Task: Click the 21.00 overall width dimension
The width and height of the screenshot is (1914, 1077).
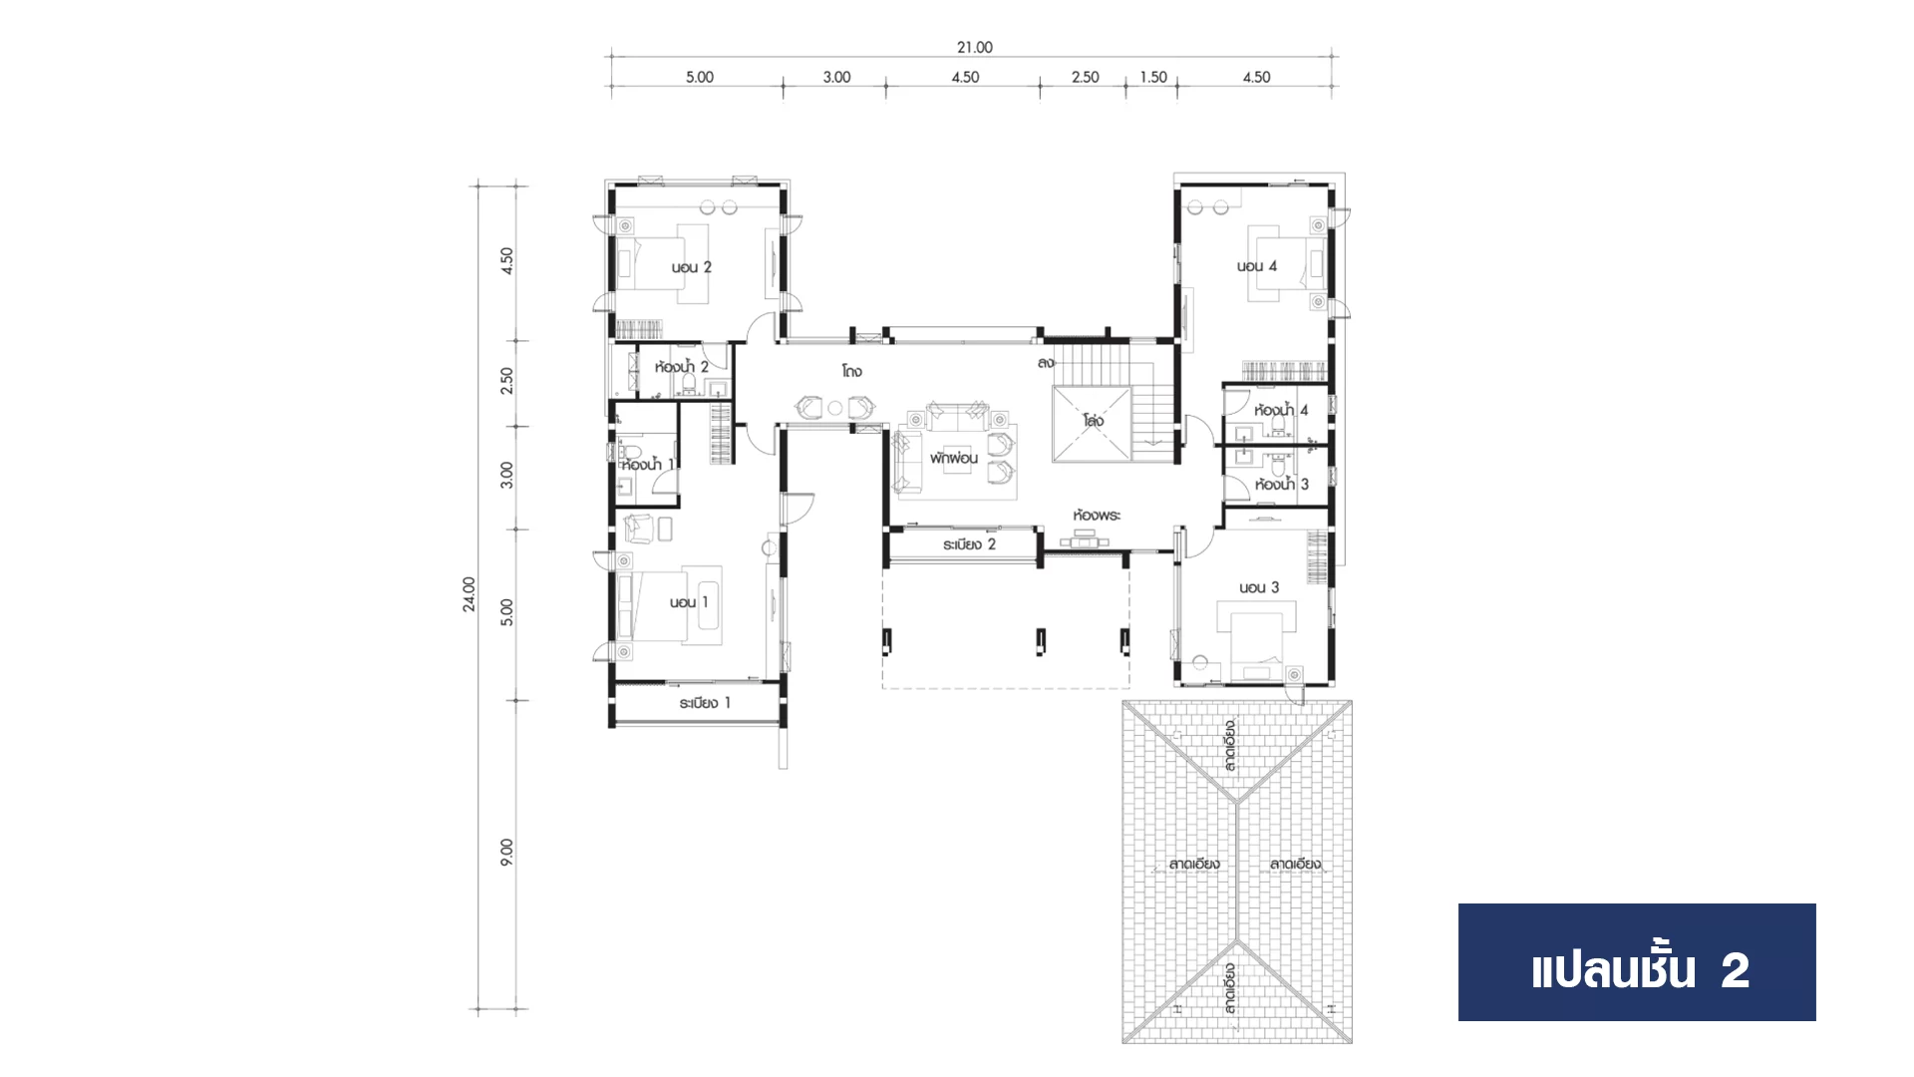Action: (x=974, y=47)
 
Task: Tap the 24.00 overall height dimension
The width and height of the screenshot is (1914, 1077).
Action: (x=469, y=593)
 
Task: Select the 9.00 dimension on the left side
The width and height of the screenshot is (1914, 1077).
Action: (x=506, y=852)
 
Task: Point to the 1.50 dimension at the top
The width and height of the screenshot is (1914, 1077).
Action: (x=1153, y=77)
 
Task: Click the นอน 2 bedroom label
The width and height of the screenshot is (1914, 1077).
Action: (x=691, y=267)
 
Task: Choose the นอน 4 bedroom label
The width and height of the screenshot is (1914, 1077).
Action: (x=1256, y=266)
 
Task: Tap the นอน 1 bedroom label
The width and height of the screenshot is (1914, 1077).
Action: (x=689, y=602)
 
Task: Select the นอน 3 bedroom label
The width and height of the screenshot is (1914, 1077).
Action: (x=1259, y=587)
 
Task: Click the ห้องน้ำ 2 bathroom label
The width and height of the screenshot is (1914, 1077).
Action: (x=682, y=367)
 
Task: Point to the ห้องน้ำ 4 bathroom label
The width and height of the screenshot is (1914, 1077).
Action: (x=1281, y=410)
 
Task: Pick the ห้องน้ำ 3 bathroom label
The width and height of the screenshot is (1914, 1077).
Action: (x=1282, y=485)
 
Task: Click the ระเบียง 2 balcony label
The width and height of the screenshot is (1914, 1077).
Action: (x=969, y=544)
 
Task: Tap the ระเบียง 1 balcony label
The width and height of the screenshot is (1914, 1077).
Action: (x=705, y=703)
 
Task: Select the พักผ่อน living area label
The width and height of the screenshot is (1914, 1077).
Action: (x=954, y=459)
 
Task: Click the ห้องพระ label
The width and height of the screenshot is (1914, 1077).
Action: (x=1097, y=516)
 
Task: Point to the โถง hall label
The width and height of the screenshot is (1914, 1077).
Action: (x=851, y=371)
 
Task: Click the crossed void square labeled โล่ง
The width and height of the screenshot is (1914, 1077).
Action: (x=1092, y=425)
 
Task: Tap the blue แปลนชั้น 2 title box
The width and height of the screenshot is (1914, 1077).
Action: (x=1637, y=962)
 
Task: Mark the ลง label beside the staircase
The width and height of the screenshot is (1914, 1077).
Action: (x=1046, y=363)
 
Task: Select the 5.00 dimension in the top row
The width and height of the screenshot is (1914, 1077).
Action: (x=699, y=77)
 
